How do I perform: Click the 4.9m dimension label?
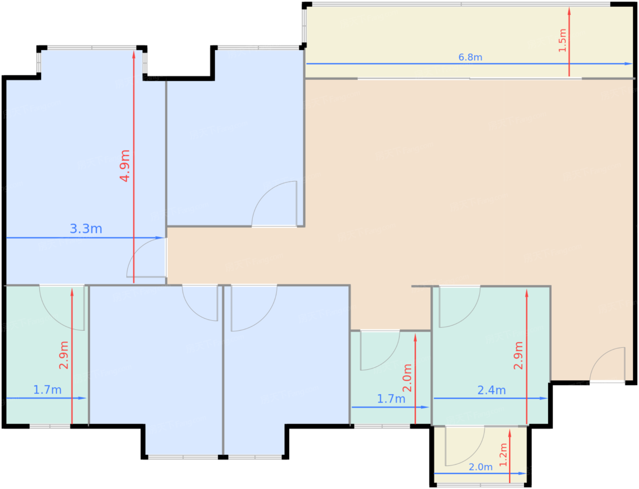125,166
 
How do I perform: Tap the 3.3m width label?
86,229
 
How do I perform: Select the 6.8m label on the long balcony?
470,57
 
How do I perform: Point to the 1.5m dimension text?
562,41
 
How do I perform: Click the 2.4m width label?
492,390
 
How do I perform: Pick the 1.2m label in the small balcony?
503,455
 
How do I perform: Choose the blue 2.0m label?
481,467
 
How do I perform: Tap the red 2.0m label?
407,378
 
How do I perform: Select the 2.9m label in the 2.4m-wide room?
519,356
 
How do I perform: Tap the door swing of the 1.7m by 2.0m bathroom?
380,350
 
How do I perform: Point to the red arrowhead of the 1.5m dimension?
569,11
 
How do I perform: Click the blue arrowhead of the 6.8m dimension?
629,64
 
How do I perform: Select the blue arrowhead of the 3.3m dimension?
159,238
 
